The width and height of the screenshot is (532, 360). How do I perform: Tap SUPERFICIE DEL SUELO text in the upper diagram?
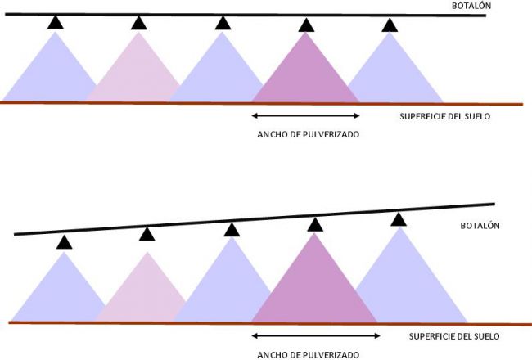pos(444,115)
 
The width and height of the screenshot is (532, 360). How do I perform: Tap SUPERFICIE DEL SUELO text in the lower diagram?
pos(453,336)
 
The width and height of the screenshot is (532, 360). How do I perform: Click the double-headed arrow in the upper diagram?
pos(305,115)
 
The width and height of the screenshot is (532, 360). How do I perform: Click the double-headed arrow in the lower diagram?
pos(316,335)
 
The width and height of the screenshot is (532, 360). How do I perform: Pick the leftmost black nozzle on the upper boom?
pos(55,22)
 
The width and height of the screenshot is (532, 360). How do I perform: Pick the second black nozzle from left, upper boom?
pos(139,22)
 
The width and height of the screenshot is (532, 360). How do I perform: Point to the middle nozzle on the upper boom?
pos(223,22)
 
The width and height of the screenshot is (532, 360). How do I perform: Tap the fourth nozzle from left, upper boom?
pos(306,24)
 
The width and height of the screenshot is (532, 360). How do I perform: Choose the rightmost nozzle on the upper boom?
pos(390,24)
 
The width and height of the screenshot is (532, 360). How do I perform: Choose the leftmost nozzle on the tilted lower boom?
pos(64,241)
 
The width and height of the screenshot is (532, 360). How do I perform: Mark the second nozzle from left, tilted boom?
pos(147,235)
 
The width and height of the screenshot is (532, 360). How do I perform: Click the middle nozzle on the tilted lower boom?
pos(232,228)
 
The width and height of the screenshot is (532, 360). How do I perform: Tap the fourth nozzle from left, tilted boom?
pos(315,223)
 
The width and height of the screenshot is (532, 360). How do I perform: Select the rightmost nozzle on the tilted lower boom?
pos(399,218)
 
